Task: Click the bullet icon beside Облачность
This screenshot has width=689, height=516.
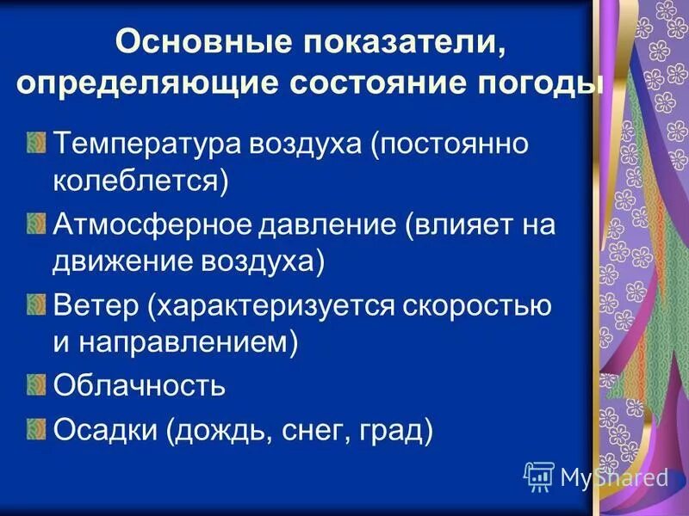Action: (35, 383)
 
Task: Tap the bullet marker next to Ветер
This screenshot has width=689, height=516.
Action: (35, 302)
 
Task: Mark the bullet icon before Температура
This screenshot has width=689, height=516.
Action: (35, 140)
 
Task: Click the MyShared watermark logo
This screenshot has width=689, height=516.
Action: (597, 476)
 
